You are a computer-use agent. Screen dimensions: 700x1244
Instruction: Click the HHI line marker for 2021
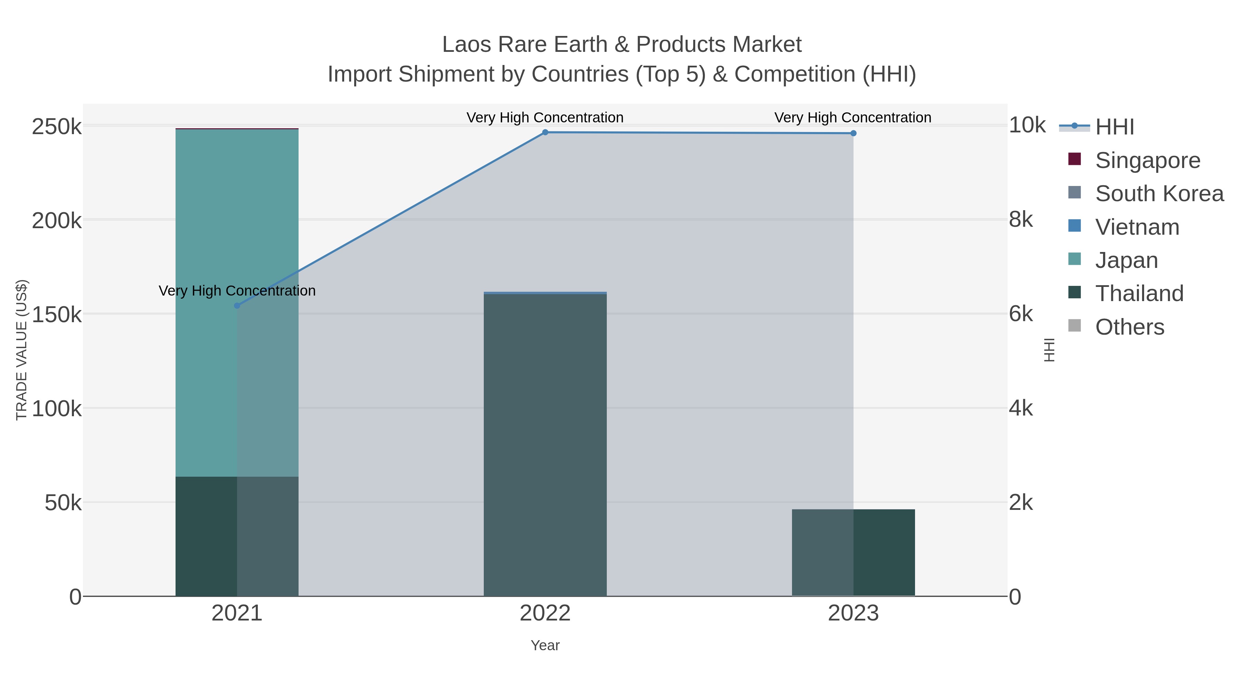pos(237,305)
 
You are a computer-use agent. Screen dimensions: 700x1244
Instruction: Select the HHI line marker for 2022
pos(545,132)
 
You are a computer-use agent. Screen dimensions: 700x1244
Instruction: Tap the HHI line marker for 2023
pos(853,133)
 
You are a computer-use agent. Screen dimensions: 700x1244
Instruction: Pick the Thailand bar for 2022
pos(545,445)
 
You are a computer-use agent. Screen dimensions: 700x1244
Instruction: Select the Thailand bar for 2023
pos(853,553)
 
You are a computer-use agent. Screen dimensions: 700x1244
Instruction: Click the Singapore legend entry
pos(1147,160)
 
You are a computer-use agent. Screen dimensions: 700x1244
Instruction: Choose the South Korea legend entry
pos(1159,194)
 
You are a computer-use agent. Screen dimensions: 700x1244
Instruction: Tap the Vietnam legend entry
pos(1137,227)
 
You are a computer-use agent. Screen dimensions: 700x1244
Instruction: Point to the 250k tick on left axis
pos(57,127)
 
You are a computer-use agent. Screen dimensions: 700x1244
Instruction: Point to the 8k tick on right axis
pos(1020,220)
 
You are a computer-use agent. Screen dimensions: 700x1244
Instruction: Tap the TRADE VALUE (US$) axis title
pos(22,350)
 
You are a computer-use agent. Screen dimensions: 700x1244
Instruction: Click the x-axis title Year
pos(545,645)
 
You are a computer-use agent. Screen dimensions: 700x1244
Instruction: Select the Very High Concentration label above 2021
pos(237,291)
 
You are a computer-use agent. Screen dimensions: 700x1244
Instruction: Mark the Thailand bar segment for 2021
pos(237,536)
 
